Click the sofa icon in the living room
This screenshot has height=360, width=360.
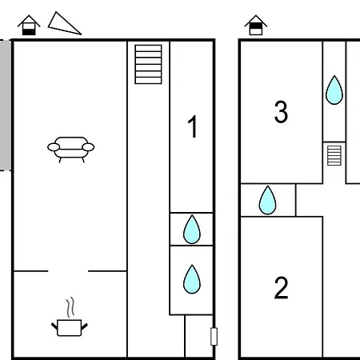(71, 150)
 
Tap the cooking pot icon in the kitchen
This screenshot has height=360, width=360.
(70, 328)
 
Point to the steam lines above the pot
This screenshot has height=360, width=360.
(70, 307)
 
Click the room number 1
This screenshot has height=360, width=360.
(193, 126)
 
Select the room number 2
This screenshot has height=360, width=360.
(281, 288)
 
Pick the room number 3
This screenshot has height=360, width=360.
(281, 112)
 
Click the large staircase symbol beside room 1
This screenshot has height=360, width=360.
(148, 64)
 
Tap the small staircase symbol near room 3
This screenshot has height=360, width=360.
(334, 155)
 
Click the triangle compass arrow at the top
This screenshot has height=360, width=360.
(64, 25)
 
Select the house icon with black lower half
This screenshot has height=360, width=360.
(29, 26)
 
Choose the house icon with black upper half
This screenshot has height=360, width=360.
(256, 25)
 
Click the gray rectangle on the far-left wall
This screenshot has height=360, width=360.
(6, 105)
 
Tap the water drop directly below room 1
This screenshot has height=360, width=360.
(192, 230)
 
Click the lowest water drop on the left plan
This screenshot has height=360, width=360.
(192, 279)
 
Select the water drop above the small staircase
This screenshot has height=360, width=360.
(334, 90)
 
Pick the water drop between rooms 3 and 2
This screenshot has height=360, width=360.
(267, 200)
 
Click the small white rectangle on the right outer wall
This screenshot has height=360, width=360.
(214, 337)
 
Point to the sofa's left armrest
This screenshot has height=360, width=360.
(54, 147)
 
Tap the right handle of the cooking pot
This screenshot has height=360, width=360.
(84, 326)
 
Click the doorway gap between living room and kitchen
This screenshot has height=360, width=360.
(68, 271)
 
